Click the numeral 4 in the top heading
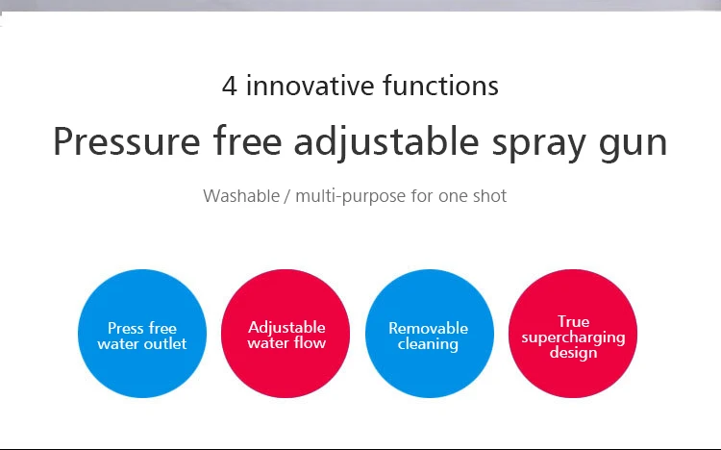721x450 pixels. click(x=230, y=86)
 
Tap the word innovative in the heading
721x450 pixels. click(x=310, y=86)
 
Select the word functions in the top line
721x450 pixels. click(x=440, y=86)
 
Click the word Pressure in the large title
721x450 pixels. click(x=127, y=141)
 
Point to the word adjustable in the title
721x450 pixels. click(x=386, y=142)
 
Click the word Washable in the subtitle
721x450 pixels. click(x=241, y=195)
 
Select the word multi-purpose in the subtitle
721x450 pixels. click(x=350, y=196)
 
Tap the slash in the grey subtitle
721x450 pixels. click(x=287, y=196)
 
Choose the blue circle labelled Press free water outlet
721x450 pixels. click(x=142, y=334)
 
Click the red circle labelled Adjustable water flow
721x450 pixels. click(x=286, y=334)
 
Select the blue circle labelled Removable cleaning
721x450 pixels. click(x=430, y=334)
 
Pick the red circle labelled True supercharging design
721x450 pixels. click(x=573, y=334)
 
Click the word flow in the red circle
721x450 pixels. click(x=311, y=343)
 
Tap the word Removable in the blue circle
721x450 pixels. click(x=428, y=328)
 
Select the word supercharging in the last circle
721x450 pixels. click(x=573, y=337)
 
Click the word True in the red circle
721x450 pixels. click(x=573, y=321)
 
